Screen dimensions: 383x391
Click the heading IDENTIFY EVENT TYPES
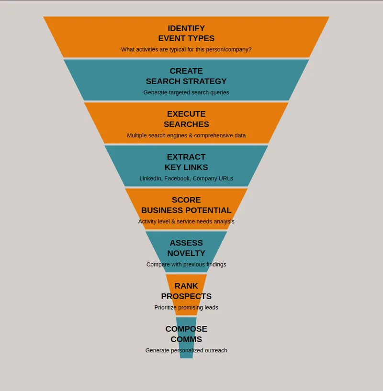(x=186, y=33)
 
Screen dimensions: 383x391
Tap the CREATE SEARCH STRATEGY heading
(x=186, y=76)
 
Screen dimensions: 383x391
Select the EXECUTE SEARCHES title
(x=186, y=119)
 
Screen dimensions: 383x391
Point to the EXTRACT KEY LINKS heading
(x=186, y=162)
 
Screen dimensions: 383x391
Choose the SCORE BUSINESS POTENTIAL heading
(x=186, y=205)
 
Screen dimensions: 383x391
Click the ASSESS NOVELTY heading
(x=186, y=248)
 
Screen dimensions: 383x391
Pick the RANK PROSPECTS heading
(x=186, y=291)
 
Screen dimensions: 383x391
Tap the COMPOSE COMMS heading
(x=186, y=334)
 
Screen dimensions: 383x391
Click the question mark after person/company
(x=250, y=49)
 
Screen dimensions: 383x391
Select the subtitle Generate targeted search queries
(x=186, y=92)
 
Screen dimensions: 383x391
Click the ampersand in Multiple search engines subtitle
(x=191, y=135)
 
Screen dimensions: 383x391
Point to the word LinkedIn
(x=150, y=179)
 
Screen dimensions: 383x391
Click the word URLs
(x=226, y=179)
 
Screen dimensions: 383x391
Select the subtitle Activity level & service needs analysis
(x=186, y=222)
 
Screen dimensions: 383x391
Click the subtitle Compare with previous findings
(x=186, y=264)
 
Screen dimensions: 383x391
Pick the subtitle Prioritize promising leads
(x=186, y=307)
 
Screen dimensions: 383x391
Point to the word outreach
(x=216, y=350)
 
